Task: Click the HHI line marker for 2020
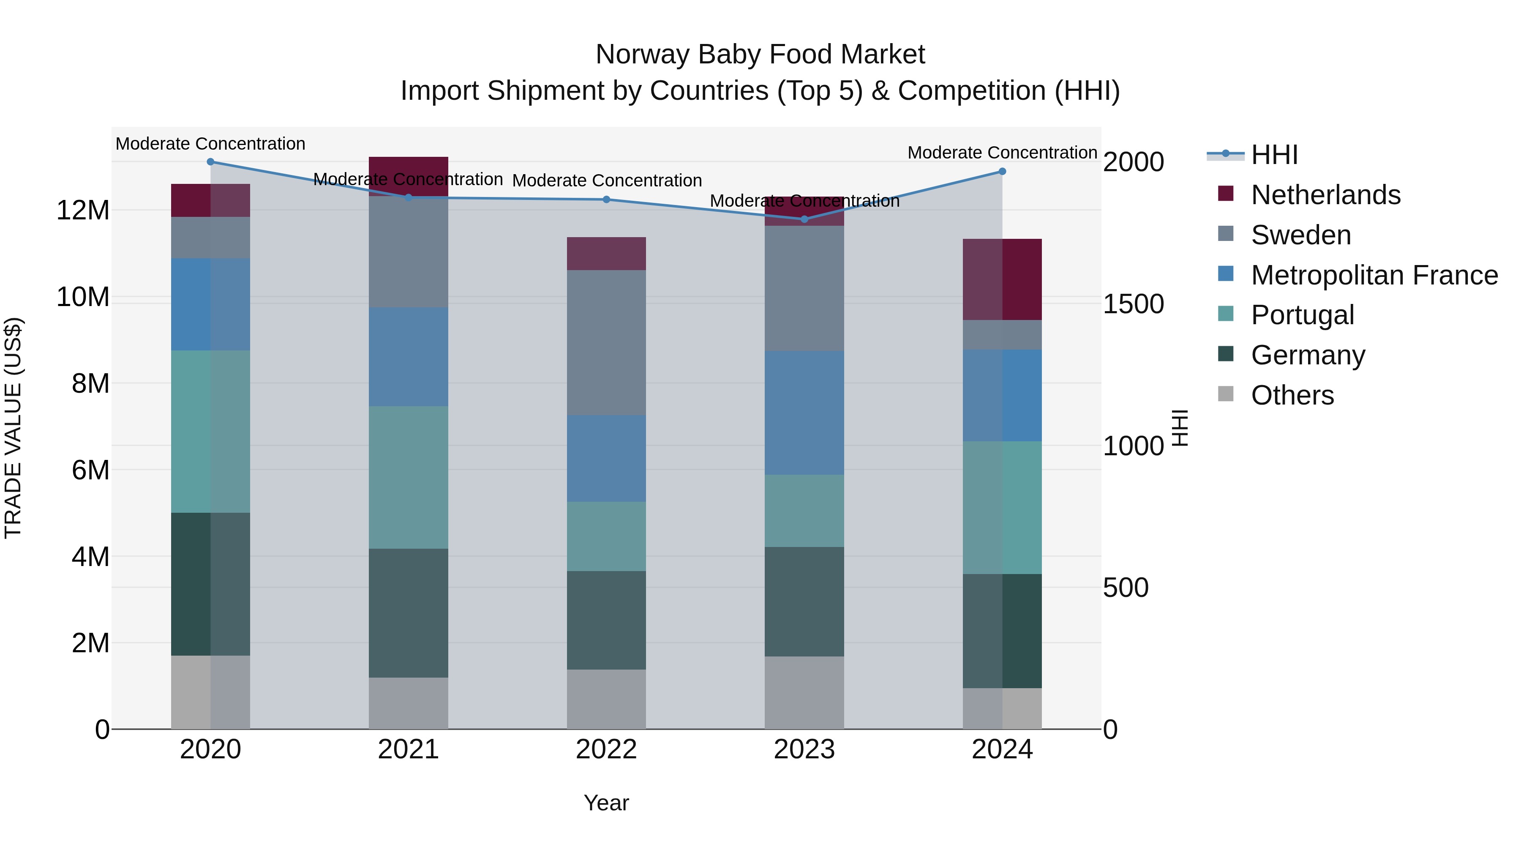pyautogui.click(x=210, y=162)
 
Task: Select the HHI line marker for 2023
pyautogui.click(x=804, y=219)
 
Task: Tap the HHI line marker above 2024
pyautogui.click(x=1002, y=171)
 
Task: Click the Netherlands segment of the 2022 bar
pyautogui.click(x=606, y=254)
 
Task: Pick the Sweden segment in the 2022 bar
pyautogui.click(x=606, y=343)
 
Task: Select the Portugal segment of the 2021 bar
pyautogui.click(x=408, y=477)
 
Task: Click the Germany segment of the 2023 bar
pyautogui.click(x=804, y=602)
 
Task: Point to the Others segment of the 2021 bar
pyautogui.click(x=408, y=703)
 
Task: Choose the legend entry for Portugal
pyautogui.click(x=1302, y=315)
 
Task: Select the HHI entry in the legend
pyautogui.click(x=1274, y=155)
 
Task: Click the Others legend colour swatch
pyautogui.click(x=1226, y=394)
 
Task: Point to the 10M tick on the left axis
pyautogui.click(x=83, y=297)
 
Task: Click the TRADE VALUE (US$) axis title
pyautogui.click(x=13, y=428)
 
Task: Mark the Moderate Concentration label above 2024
pyautogui.click(x=1002, y=153)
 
